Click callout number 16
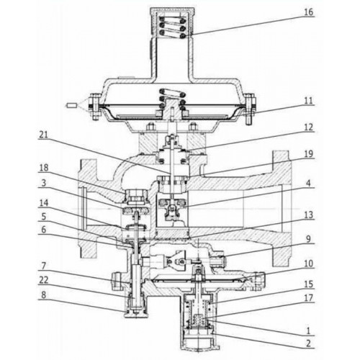coord(309,12)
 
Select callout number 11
coord(309,101)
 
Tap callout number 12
coord(309,127)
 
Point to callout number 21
coord(43,135)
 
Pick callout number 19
coord(309,154)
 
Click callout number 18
coord(44,168)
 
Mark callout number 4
coord(309,184)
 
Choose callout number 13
coord(309,215)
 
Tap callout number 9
coord(309,239)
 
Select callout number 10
coord(309,264)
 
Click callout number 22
coord(43,280)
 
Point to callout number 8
coord(43,295)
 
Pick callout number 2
coord(309,343)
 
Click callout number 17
coord(309,298)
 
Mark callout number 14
coord(44,203)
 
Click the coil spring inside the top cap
coord(172,27)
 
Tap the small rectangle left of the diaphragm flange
coord(71,105)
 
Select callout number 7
coord(43,266)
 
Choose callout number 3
coord(43,183)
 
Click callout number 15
coord(309,284)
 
